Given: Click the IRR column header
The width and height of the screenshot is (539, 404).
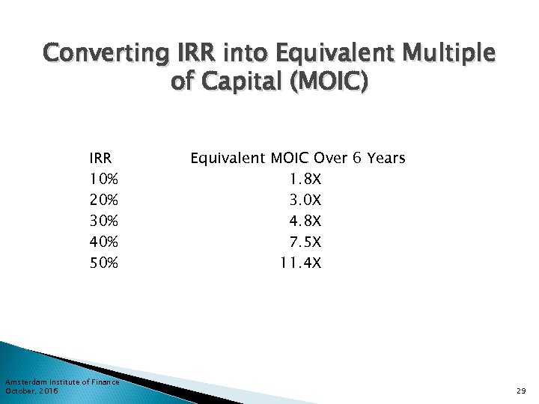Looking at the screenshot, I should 100,159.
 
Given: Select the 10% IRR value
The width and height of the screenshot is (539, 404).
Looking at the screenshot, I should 103,180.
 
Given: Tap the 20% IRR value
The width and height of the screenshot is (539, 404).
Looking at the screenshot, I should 103,201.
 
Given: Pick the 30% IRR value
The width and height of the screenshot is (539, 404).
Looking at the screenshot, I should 103,221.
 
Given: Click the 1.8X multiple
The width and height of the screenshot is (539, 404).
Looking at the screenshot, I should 305,180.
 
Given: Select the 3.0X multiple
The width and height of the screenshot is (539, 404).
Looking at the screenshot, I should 305,201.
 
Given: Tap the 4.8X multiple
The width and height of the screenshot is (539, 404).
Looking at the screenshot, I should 305,221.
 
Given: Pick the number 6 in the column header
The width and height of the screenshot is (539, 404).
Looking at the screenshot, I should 357,159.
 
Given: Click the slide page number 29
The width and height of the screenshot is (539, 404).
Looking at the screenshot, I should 521,391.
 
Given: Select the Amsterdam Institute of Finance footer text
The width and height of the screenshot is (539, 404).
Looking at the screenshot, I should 62,382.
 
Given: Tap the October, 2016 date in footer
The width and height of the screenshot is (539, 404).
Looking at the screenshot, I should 31,391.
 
